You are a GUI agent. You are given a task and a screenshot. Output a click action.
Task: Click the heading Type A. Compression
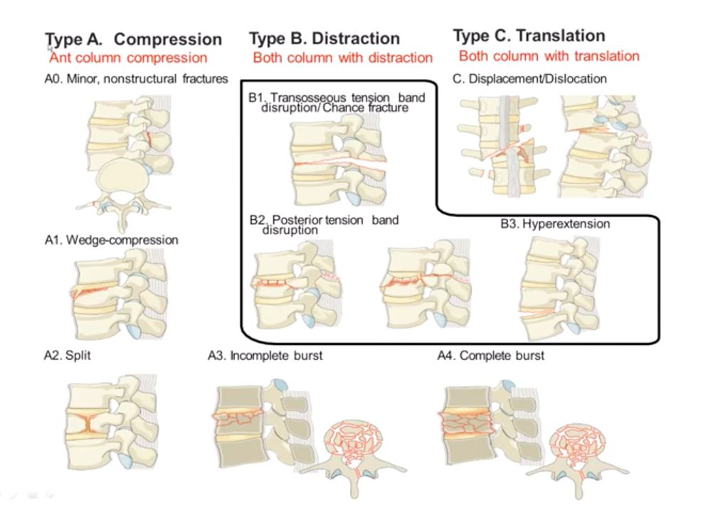pos(133,39)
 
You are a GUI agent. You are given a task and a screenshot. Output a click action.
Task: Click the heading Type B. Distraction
pos(324,38)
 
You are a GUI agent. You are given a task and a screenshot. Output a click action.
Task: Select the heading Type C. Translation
pos(529,36)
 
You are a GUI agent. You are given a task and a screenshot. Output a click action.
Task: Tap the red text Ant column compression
pos(128,58)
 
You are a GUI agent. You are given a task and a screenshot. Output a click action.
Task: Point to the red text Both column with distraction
pos(342,58)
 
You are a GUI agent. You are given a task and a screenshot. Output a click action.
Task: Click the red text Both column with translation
pos(549,55)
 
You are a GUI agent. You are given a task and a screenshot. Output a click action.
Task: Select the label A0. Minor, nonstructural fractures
pos(136,78)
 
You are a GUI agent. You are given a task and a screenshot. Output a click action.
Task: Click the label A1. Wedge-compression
pos(111,240)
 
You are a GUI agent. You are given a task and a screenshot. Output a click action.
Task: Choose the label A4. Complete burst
pos(490,355)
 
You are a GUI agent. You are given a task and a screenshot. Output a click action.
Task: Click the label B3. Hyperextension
pos(555,224)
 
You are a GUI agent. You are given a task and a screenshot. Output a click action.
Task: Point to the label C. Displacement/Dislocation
pos(529,78)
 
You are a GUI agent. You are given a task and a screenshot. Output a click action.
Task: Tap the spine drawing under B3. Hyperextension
pos(555,287)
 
